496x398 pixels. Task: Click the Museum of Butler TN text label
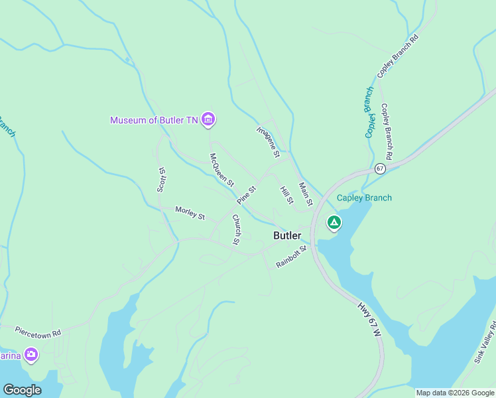154,120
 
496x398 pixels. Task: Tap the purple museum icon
209,119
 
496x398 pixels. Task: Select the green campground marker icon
334,222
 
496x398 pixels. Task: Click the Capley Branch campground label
364,198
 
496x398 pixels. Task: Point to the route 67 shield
379,168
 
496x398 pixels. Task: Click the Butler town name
287,235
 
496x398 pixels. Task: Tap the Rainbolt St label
292,257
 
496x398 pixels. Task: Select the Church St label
235,230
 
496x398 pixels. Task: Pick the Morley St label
190,213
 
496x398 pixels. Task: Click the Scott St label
160,179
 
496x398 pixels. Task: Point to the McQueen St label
222,170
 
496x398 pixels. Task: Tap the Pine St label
246,194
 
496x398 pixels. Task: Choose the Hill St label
286,195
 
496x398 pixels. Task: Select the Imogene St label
269,142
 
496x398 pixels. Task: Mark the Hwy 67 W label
369,319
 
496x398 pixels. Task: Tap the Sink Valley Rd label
485,342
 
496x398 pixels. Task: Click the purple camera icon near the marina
31,356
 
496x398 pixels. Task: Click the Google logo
22,390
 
